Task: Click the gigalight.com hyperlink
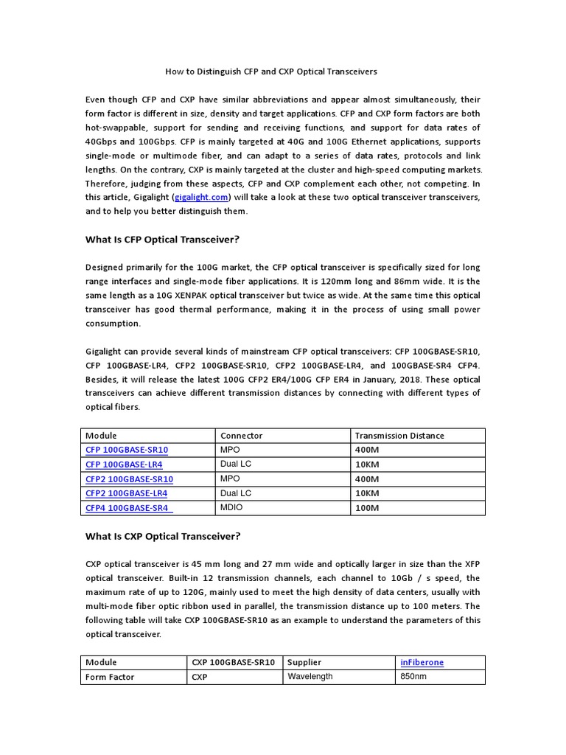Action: (x=201, y=198)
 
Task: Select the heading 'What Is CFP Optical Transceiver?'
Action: (x=163, y=240)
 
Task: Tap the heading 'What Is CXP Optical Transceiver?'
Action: (x=163, y=536)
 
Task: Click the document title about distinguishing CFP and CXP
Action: (x=270, y=72)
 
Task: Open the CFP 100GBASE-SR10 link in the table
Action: (x=127, y=450)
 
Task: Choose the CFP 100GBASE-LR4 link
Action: (x=124, y=465)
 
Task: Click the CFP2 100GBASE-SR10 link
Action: (x=130, y=479)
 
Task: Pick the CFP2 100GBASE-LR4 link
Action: (x=126, y=493)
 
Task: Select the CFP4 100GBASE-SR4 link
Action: (x=127, y=508)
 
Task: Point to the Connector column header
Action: (x=241, y=436)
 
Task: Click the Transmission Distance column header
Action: (x=399, y=436)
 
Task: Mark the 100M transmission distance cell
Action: (x=367, y=508)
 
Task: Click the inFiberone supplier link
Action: (x=420, y=663)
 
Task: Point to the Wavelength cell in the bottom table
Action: (x=310, y=677)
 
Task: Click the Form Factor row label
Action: (x=110, y=678)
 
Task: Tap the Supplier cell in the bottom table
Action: (x=304, y=663)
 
